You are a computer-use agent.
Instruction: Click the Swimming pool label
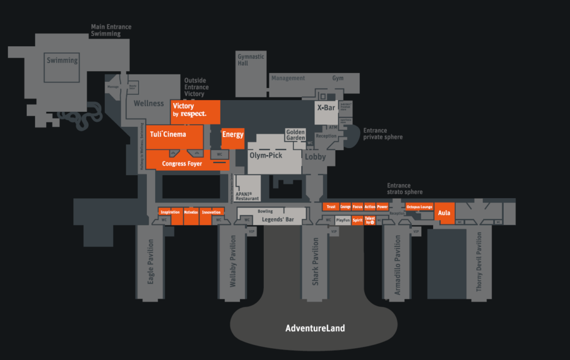pos(62,61)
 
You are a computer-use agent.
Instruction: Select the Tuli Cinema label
pos(168,134)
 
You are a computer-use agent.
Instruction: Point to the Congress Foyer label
pos(182,164)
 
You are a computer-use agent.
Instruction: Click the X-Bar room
pos(326,108)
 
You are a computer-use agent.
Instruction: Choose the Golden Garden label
pos(296,135)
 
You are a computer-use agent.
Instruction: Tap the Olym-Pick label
pos(266,155)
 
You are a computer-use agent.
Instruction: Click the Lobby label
pos(315,157)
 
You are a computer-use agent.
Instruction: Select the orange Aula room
pos(444,213)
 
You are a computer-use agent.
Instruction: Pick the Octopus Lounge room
pos(419,207)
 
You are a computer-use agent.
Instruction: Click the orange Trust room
pos(331,207)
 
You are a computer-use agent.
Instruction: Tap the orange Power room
pos(382,207)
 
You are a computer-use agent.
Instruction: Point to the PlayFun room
pos(343,220)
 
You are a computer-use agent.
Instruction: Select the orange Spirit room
pos(357,220)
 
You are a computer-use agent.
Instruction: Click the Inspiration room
pos(170,212)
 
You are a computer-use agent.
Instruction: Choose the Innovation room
pos(211,212)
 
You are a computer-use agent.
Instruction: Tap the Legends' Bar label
pos(273,220)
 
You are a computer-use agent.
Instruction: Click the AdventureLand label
pos(315,328)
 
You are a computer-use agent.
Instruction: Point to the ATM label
pos(333,127)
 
